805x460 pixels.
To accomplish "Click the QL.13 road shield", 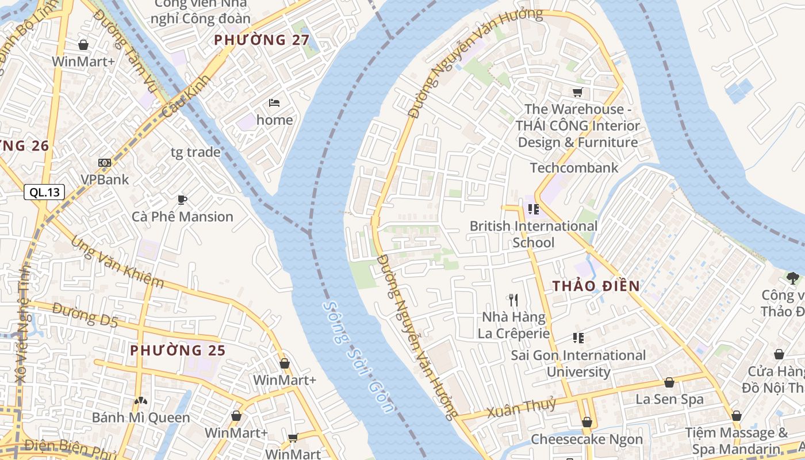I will (44, 193).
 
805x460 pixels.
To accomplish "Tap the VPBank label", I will (105, 179).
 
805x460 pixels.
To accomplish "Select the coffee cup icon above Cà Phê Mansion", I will (182, 200).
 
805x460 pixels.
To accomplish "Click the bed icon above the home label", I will (274, 103).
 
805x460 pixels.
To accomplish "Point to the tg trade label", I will (195, 152).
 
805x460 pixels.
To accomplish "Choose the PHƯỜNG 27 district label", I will (262, 40).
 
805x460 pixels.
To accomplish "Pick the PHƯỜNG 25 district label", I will (178, 350).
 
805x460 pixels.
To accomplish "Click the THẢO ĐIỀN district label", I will (596, 286).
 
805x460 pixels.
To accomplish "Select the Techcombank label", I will (574, 168).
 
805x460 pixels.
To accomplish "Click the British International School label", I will (534, 234).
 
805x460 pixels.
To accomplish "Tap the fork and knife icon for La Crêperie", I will (513, 300).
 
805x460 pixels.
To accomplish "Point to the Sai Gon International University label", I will (578, 363).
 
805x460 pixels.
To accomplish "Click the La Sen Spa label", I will (669, 399).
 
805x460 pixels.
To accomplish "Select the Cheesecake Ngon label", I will (586, 439).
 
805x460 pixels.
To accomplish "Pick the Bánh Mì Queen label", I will (141, 417).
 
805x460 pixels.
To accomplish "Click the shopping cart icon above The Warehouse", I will (578, 92).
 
